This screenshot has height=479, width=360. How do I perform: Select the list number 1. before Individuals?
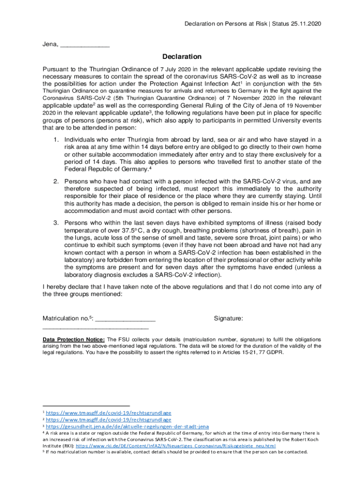pyautogui.click(x=55, y=139)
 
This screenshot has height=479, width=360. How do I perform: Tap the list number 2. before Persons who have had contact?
pyautogui.click(x=55, y=181)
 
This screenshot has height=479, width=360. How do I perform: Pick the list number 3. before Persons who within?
pyautogui.click(x=55, y=223)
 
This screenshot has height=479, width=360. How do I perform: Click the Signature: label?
pyautogui.click(x=228, y=319)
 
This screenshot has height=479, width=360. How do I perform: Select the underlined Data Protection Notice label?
pyautogui.click(x=73, y=339)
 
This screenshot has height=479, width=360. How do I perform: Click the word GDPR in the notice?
pyautogui.click(x=274, y=353)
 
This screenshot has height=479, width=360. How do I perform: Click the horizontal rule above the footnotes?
pyautogui.click(x=86, y=406)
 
